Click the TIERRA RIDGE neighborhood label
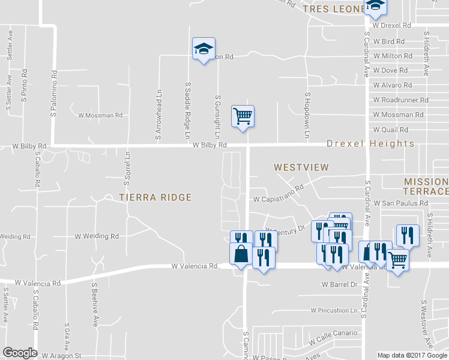pyautogui.click(x=155, y=197)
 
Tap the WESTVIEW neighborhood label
pyautogui.click(x=301, y=168)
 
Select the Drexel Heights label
pyautogui.click(x=370, y=144)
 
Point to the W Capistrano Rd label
pyautogui.click(x=279, y=198)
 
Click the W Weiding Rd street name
pyautogui.click(x=97, y=236)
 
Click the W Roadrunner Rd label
pyautogui.click(x=400, y=100)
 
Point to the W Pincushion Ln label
pyautogui.click(x=334, y=310)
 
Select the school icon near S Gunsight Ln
pyautogui.click(x=203, y=49)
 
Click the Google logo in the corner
pyautogui.click(x=20, y=353)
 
